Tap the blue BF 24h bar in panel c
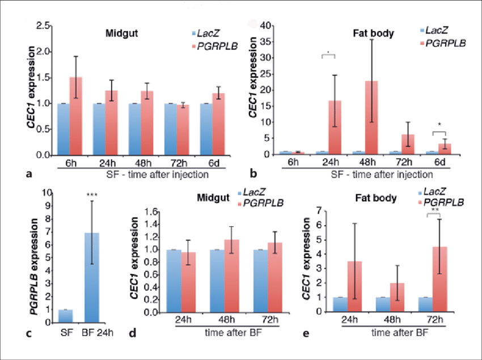pos(92,273)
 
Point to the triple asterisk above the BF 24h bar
pos(92,196)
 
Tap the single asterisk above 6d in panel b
pos(440,125)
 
